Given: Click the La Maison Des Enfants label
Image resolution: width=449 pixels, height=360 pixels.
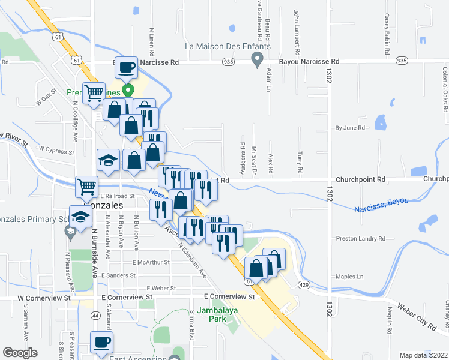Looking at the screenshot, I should tap(228, 46).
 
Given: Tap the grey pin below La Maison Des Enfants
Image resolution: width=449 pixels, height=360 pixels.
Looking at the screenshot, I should tap(258, 60).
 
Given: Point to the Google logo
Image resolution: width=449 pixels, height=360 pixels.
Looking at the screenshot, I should tap(20, 353).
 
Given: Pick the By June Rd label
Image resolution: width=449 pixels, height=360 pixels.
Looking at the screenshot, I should tap(350, 128).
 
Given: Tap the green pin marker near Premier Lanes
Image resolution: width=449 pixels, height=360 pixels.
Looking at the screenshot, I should tap(128, 91).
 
